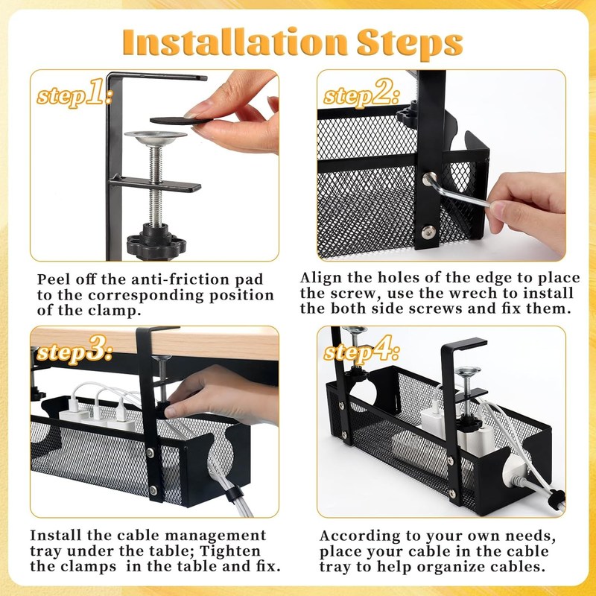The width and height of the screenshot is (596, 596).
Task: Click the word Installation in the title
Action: pos(235,42)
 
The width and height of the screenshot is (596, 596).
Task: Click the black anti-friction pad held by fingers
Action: pos(180,121)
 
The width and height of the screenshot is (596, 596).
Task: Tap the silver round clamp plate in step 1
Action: pos(156,138)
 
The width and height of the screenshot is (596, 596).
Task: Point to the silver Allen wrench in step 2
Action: pos(456,191)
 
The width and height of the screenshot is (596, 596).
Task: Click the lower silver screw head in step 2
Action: pos(429,231)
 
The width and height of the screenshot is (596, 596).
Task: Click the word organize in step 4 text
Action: pos(451,567)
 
